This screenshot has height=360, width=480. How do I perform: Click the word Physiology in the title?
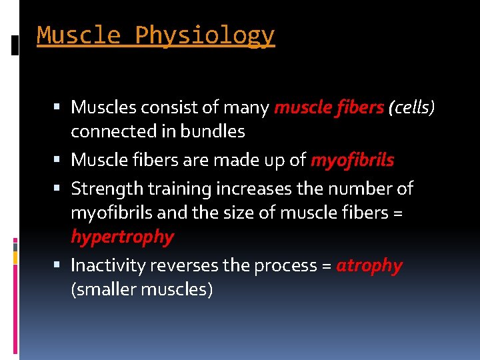[x=205, y=35]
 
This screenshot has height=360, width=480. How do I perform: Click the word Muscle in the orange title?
[x=78, y=35]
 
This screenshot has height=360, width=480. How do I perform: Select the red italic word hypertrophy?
[x=122, y=237]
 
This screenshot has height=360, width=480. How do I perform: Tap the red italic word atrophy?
[x=369, y=265]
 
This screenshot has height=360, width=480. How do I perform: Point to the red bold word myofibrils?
[x=352, y=160]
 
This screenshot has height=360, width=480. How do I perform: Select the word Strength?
[x=107, y=189]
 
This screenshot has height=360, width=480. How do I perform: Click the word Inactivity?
[x=108, y=265]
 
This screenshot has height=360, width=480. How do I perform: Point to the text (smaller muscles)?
[x=142, y=290]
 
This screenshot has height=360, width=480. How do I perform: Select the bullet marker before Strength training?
[x=60, y=189]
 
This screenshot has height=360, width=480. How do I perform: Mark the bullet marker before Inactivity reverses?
[x=60, y=265]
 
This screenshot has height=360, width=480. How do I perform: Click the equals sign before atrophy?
[x=326, y=266]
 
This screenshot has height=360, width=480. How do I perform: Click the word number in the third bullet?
[x=359, y=189]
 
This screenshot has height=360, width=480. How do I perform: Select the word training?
[x=177, y=189]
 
